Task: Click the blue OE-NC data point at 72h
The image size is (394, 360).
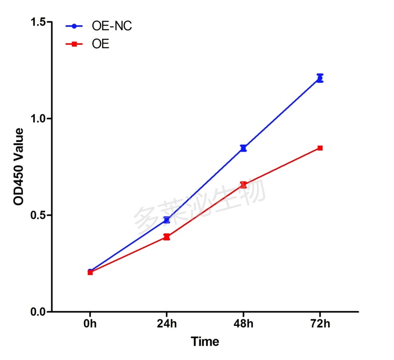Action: (x=320, y=78)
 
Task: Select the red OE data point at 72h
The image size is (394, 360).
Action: (x=320, y=148)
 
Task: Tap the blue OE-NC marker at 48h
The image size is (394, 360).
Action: (x=243, y=148)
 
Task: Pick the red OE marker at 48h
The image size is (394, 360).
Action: (x=243, y=185)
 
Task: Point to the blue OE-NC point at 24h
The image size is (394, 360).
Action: (x=167, y=220)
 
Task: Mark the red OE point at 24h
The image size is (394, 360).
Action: (x=167, y=237)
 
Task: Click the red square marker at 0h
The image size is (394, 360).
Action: (x=90, y=273)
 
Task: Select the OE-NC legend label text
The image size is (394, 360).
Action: (x=112, y=26)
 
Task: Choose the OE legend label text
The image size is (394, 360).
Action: (x=100, y=44)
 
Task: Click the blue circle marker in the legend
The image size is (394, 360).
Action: (x=74, y=26)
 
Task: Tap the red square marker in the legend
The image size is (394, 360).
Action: (x=74, y=44)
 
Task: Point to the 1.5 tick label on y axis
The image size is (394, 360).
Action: (x=38, y=22)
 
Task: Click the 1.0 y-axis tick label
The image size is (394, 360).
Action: (x=38, y=119)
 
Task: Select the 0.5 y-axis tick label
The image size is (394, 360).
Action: (x=38, y=215)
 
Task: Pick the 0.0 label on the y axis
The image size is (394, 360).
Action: (x=38, y=312)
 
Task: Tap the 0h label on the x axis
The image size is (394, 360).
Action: (x=90, y=323)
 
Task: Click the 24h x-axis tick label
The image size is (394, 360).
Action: (x=167, y=323)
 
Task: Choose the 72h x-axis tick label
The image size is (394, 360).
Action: (x=320, y=323)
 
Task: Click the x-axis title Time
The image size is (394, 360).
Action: (x=205, y=342)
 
